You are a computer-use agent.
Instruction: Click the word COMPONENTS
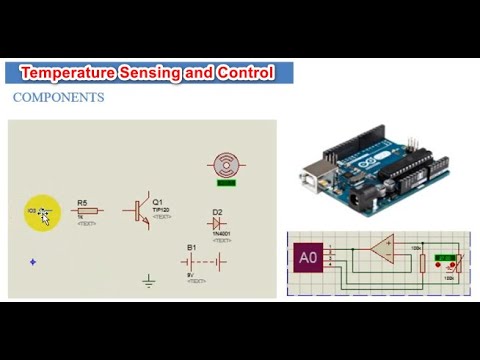[x=58, y=98]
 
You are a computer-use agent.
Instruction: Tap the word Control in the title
[x=245, y=73]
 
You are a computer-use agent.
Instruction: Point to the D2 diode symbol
[x=217, y=223]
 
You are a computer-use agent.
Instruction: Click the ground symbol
[x=149, y=281]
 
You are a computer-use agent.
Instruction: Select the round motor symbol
[x=225, y=165]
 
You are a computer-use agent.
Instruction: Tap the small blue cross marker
[x=33, y=262]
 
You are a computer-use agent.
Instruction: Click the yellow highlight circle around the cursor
[x=42, y=212]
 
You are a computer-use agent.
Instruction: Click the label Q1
[x=158, y=201]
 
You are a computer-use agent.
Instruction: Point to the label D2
[x=217, y=211]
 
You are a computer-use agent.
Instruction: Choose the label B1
[x=192, y=246]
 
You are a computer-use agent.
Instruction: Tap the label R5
[x=82, y=202]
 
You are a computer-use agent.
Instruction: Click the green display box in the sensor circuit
[x=450, y=264]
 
